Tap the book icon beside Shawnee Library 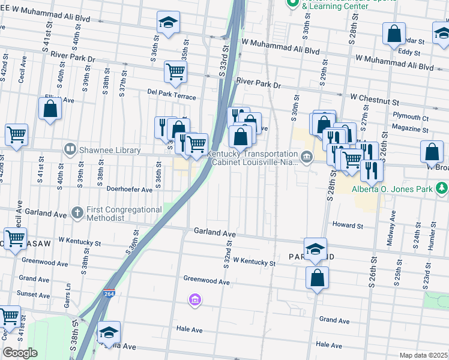pos(71,149)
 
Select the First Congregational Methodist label pos(125,214)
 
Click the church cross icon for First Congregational pos(77,212)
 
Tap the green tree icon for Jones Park pos(442,189)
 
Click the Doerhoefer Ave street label pos(129,189)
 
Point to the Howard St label pos(348,226)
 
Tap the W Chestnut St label pos(375,97)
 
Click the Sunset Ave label pos(34,295)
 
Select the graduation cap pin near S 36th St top pos(168,23)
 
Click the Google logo pos(20,353)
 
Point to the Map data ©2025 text pos(423,355)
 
